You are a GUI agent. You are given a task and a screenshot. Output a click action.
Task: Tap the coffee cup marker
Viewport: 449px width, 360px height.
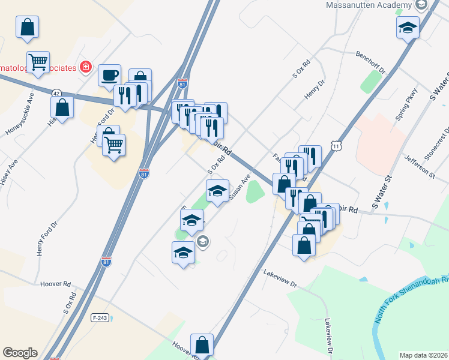(x=109, y=76)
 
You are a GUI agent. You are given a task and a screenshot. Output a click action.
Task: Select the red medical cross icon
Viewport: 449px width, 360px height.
(x=86, y=67)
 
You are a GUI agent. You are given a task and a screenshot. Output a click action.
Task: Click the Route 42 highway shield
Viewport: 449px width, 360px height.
(x=56, y=94)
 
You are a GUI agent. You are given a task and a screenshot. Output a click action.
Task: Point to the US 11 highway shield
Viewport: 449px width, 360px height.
(x=337, y=146)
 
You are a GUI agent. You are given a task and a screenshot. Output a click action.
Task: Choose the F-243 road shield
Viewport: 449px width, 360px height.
(x=100, y=316)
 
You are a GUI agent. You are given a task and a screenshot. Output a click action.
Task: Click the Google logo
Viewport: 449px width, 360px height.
(x=20, y=353)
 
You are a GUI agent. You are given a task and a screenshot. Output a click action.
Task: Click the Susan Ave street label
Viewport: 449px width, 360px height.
(x=239, y=188)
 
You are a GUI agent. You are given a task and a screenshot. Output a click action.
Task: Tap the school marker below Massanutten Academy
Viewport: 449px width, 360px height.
(x=408, y=27)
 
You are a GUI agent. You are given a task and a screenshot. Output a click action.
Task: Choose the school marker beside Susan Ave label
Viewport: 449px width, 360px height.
(x=217, y=191)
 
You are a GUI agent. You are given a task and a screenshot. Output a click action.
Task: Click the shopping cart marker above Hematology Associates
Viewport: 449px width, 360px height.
(x=38, y=61)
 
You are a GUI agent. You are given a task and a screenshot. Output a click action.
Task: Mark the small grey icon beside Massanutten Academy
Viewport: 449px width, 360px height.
(x=420, y=5)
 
